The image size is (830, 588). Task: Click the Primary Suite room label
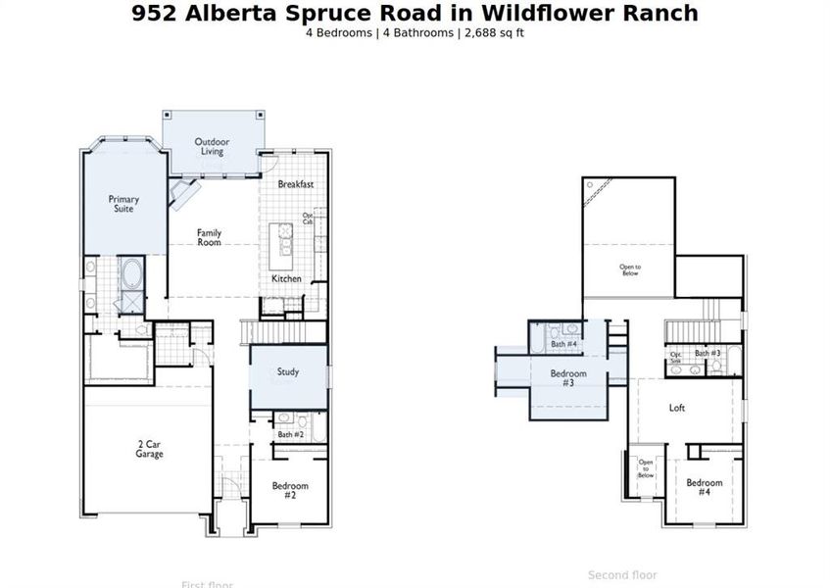(123, 204)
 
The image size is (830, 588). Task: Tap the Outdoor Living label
(212, 146)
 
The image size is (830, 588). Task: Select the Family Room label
(209, 237)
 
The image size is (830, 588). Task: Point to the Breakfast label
(295, 184)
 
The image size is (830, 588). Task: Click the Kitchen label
(286, 279)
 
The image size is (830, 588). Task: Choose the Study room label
(288, 372)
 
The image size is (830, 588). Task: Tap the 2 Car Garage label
(149, 449)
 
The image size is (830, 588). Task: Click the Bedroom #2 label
(290, 490)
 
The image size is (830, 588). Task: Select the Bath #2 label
(291, 434)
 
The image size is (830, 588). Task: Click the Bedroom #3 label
(567, 378)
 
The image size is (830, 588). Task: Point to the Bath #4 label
(563, 344)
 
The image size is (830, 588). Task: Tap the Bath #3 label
(708, 353)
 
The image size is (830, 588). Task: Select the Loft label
(677, 408)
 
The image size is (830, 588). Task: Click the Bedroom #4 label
(704, 487)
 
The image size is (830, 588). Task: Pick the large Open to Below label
(629, 270)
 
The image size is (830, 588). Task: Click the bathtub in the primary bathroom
(131, 271)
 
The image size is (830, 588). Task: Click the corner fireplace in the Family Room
(182, 193)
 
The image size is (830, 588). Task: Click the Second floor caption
(622, 575)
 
